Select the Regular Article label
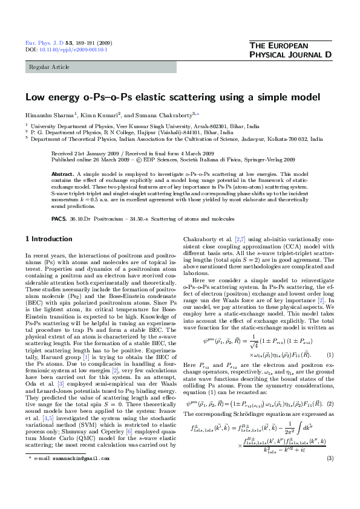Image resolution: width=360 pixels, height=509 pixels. click(x=48, y=66)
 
